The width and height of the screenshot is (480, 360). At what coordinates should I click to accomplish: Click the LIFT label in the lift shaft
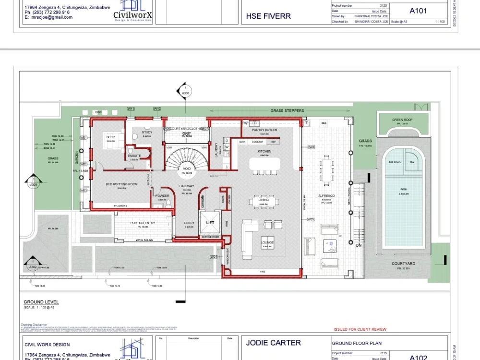point(210,223)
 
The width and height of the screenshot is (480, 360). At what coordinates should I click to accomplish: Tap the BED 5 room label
point(111,137)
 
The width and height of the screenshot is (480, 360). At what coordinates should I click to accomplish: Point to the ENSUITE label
point(134,156)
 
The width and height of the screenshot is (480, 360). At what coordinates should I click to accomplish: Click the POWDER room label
point(162,196)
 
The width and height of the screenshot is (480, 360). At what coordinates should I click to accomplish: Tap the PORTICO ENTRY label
point(143,223)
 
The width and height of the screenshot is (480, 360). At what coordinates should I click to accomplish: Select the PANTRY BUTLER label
point(264,130)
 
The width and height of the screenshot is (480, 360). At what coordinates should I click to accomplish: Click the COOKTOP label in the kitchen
point(258,142)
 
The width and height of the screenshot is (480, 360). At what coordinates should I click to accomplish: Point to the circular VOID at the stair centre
point(186,169)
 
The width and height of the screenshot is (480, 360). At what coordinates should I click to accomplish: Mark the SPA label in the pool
point(411,163)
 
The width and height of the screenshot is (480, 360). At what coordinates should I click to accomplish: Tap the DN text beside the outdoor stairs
point(359,245)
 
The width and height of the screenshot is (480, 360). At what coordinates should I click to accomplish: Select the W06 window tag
point(311,147)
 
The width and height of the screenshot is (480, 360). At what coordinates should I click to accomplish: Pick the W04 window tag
point(214,257)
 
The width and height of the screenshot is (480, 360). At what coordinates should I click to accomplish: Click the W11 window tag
point(131,109)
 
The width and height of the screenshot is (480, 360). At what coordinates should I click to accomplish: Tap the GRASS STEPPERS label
point(287,111)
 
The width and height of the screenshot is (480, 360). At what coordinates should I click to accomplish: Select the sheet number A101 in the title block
point(418,11)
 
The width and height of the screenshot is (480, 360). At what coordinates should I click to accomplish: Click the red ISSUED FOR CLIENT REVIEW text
point(360,329)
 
